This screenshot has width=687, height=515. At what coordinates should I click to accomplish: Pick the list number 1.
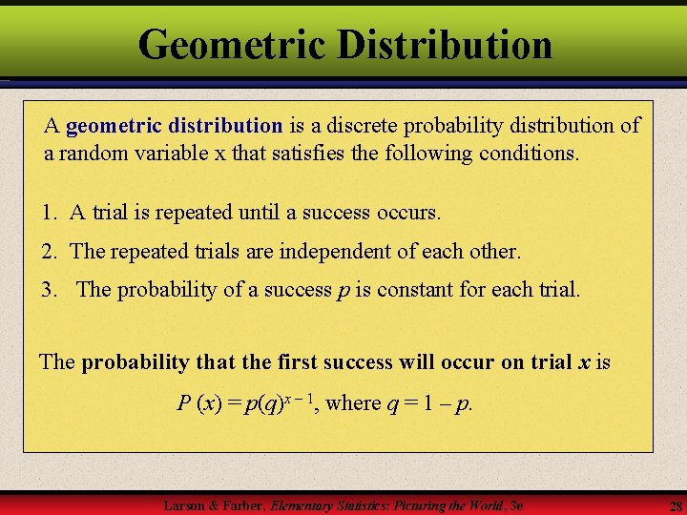coord(47,213)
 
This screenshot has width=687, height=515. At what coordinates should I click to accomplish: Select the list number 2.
coord(47,251)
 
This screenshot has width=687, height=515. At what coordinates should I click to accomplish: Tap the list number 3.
coord(47,289)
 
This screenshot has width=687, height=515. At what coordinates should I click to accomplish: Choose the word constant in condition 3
coord(415,289)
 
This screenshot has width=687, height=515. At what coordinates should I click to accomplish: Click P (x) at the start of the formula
coord(199,402)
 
